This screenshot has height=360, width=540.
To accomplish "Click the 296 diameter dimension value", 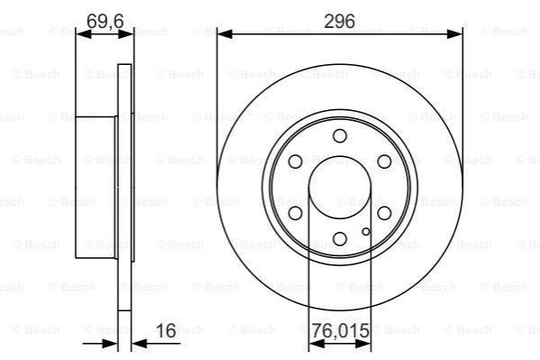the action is (x=339, y=22).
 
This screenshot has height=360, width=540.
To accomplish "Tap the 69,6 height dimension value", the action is (x=105, y=22).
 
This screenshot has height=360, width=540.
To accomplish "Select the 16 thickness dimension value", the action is (x=166, y=331).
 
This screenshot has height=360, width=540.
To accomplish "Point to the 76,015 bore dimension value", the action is (x=340, y=331).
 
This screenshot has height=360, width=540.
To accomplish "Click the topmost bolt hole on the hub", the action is (x=340, y=136).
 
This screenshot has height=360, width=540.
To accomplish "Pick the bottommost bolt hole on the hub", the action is (x=340, y=238).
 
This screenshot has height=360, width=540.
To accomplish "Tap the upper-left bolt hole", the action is (x=295, y=162).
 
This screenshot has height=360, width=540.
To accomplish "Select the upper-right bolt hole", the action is (x=384, y=162).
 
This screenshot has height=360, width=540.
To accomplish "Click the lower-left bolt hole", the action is (x=295, y=213).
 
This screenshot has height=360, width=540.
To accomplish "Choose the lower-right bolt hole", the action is (x=384, y=213).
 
